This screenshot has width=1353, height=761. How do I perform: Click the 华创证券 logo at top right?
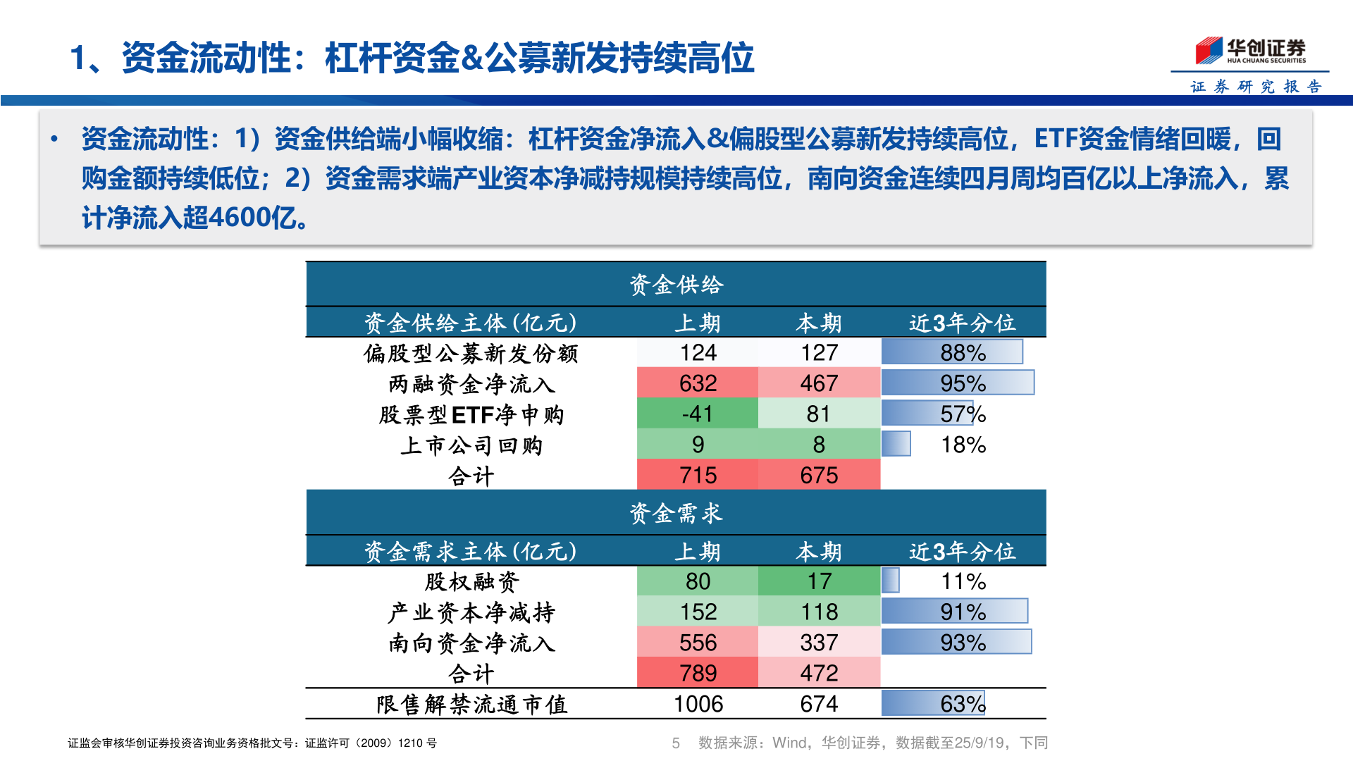pos(1250,51)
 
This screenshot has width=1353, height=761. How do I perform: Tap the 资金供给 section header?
pos(676,285)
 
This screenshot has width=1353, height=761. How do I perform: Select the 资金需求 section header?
pos(676,513)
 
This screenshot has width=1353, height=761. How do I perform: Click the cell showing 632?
pos(698,383)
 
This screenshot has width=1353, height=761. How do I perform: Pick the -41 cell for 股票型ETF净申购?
pos(698,414)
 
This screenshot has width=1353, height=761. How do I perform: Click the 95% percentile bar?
pos(957,383)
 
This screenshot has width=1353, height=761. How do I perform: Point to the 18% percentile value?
pos(963,445)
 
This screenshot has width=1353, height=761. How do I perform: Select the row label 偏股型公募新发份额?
pos(471,353)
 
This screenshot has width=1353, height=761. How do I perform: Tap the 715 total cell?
pos(698,475)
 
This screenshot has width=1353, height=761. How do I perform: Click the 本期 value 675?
pos(819,475)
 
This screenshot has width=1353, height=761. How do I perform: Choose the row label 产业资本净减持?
pos(471,612)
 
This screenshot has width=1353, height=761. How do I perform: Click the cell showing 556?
pos(698,643)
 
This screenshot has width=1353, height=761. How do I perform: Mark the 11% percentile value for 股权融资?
pos(963,581)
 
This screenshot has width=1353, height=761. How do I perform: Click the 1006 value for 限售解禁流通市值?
pos(698,704)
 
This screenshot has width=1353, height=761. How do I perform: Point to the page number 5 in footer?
pos(676,743)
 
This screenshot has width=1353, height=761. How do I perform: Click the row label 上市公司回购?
pos(471,445)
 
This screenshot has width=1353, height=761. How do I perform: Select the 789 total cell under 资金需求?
pos(698,673)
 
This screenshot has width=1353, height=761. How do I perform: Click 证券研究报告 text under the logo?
pos(1255,87)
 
